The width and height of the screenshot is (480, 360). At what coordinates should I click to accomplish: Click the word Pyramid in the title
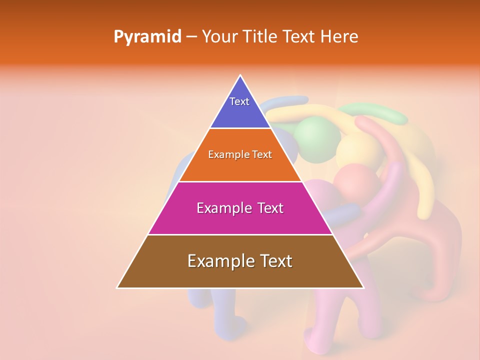click(147, 37)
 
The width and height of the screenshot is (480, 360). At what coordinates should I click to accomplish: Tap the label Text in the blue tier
click(239, 101)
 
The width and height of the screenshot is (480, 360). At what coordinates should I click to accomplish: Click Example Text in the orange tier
click(240, 154)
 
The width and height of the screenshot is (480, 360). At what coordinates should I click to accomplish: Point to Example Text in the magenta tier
click(240, 208)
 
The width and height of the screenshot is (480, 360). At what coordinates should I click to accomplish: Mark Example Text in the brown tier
click(240, 261)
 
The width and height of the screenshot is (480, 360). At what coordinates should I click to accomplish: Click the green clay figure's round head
click(317, 135)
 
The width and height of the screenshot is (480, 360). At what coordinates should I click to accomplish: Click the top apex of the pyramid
click(240, 75)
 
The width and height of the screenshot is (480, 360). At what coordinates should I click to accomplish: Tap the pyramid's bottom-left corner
click(117, 287)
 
